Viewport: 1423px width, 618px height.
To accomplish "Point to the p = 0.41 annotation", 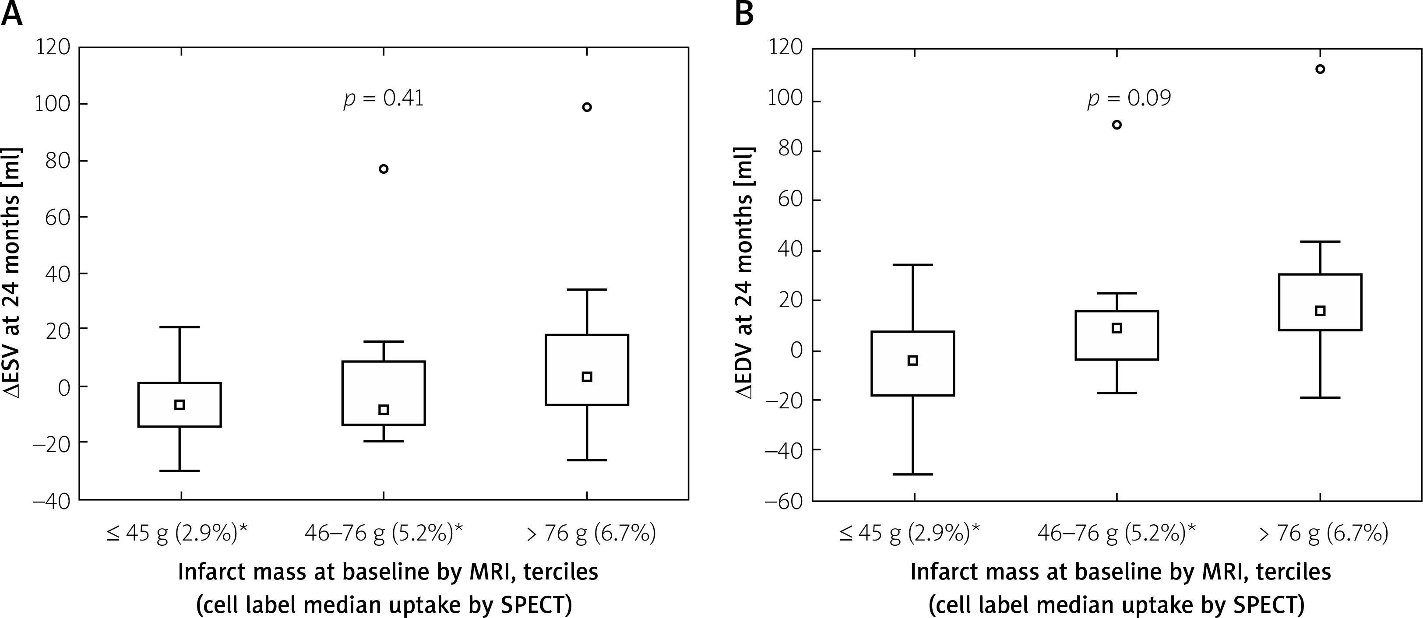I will pos(384,99).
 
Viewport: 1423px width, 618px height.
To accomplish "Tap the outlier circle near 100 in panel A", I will pos(587,107).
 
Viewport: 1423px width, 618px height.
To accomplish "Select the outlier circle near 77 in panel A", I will pos(384,169).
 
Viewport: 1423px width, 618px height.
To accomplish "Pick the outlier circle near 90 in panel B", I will pos(1117,125).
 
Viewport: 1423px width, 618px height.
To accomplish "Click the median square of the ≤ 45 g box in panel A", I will pos(180,405).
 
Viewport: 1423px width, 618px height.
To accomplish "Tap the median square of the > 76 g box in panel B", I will pos(1320,311).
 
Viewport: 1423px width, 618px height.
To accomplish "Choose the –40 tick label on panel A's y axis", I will pos(51,500).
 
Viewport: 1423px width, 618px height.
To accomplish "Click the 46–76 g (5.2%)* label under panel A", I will pos(384,534).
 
